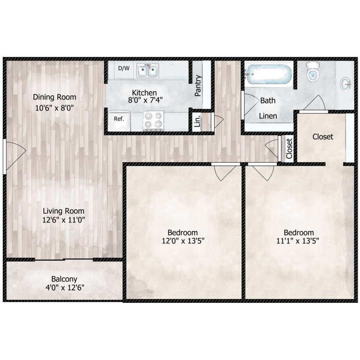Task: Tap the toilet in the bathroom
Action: (x=313, y=72)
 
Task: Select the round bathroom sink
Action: (x=346, y=85)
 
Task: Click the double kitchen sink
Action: (x=147, y=72)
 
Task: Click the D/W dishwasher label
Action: (x=124, y=68)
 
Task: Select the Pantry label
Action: (x=198, y=86)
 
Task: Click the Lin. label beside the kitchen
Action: (x=197, y=120)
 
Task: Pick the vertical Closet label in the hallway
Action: (x=289, y=149)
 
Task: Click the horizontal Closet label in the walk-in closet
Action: (x=323, y=137)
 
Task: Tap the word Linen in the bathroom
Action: (x=268, y=116)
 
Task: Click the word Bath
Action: (x=268, y=101)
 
